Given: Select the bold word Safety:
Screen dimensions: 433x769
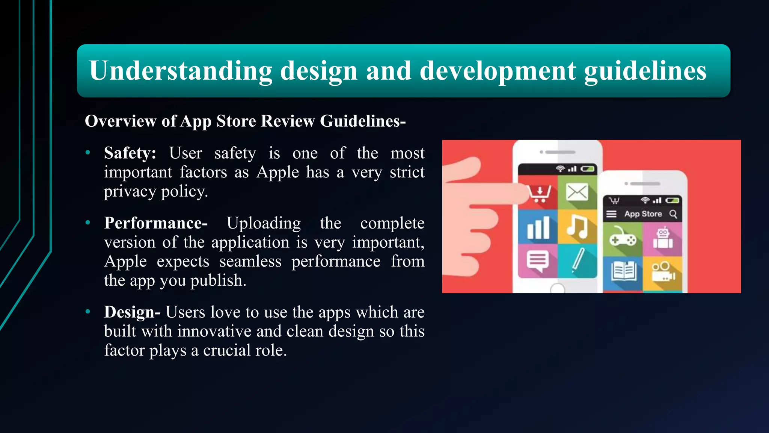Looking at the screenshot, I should click(130, 153).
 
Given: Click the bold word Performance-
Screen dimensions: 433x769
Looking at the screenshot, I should click(156, 223).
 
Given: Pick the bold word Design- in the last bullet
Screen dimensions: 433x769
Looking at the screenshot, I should click(132, 312).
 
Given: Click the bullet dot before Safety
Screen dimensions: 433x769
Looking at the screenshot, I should click(88, 153).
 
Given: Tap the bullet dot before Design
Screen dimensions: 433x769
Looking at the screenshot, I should click(88, 312).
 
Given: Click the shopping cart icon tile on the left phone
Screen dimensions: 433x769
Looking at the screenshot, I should click(539, 193).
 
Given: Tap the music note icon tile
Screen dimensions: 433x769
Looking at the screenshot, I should click(577, 227).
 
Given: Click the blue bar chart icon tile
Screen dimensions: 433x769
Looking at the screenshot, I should click(538, 227).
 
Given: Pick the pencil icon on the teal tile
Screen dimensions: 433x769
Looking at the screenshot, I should click(578, 260).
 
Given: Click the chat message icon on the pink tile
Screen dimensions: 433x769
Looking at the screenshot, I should click(538, 260).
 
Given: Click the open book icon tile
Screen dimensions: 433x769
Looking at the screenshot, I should click(623, 271).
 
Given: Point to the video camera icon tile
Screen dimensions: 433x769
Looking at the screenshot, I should click(663, 271).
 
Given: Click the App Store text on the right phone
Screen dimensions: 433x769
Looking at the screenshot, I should click(643, 214).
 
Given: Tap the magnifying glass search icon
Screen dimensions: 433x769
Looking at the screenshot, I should click(673, 214).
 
